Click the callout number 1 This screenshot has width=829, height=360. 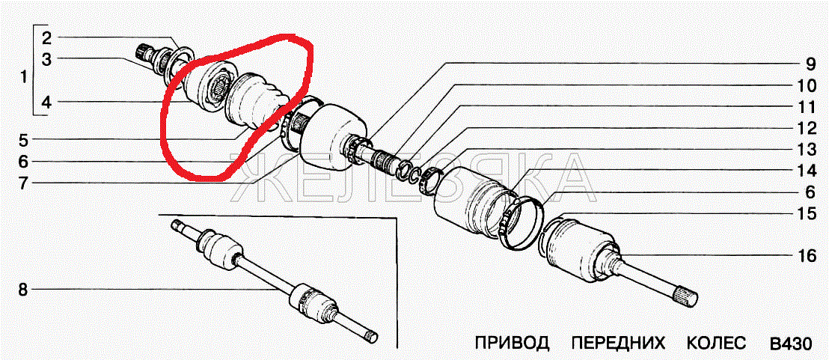point(22,78)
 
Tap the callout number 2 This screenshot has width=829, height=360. point(46,37)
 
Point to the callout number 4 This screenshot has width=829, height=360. point(46,103)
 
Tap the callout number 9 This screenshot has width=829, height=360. point(810,64)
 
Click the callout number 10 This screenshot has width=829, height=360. point(807,85)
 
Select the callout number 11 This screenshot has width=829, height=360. point(807,107)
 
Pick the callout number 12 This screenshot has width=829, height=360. point(807,128)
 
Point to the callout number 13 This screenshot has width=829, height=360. point(807,150)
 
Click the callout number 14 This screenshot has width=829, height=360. point(807,171)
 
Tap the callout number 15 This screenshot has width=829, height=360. point(807,213)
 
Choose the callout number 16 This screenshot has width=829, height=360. point(807,256)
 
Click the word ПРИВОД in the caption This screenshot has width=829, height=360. point(512,343)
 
